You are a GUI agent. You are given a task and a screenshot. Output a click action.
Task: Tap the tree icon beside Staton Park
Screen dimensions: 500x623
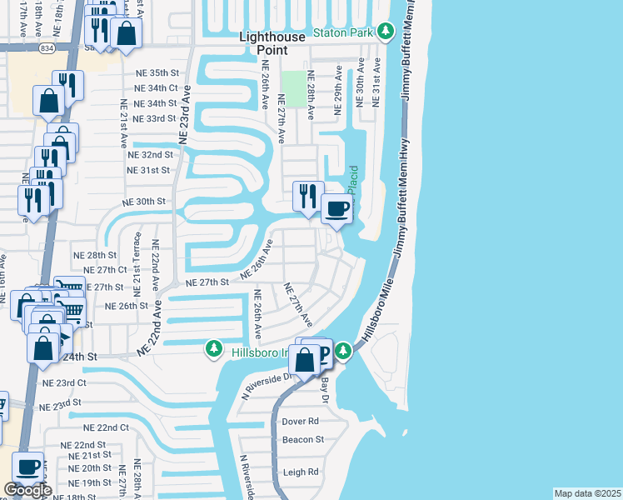click(385, 32)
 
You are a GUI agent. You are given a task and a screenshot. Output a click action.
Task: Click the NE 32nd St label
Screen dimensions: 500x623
click(150, 155)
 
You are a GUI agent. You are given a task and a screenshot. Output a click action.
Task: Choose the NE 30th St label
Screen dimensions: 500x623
click(145, 202)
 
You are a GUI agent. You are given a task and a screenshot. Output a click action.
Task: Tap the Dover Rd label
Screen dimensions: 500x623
click(301, 422)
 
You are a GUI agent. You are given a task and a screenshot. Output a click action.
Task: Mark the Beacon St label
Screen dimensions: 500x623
click(302, 439)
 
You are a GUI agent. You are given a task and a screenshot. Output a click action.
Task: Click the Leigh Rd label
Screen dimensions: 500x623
click(301, 472)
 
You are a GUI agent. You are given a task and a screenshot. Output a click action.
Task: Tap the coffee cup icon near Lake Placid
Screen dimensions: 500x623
click(336, 209)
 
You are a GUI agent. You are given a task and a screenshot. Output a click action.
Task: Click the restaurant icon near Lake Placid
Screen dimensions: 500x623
click(307, 197)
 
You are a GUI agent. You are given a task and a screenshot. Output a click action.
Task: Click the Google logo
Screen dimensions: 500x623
click(27, 491)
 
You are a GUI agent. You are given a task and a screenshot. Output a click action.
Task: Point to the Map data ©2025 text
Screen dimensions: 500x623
click(587, 493)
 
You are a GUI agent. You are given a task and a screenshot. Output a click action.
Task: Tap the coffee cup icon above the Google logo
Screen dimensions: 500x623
click(28, 467)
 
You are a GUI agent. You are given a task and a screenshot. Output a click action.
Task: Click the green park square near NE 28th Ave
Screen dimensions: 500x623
click(292, 83)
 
